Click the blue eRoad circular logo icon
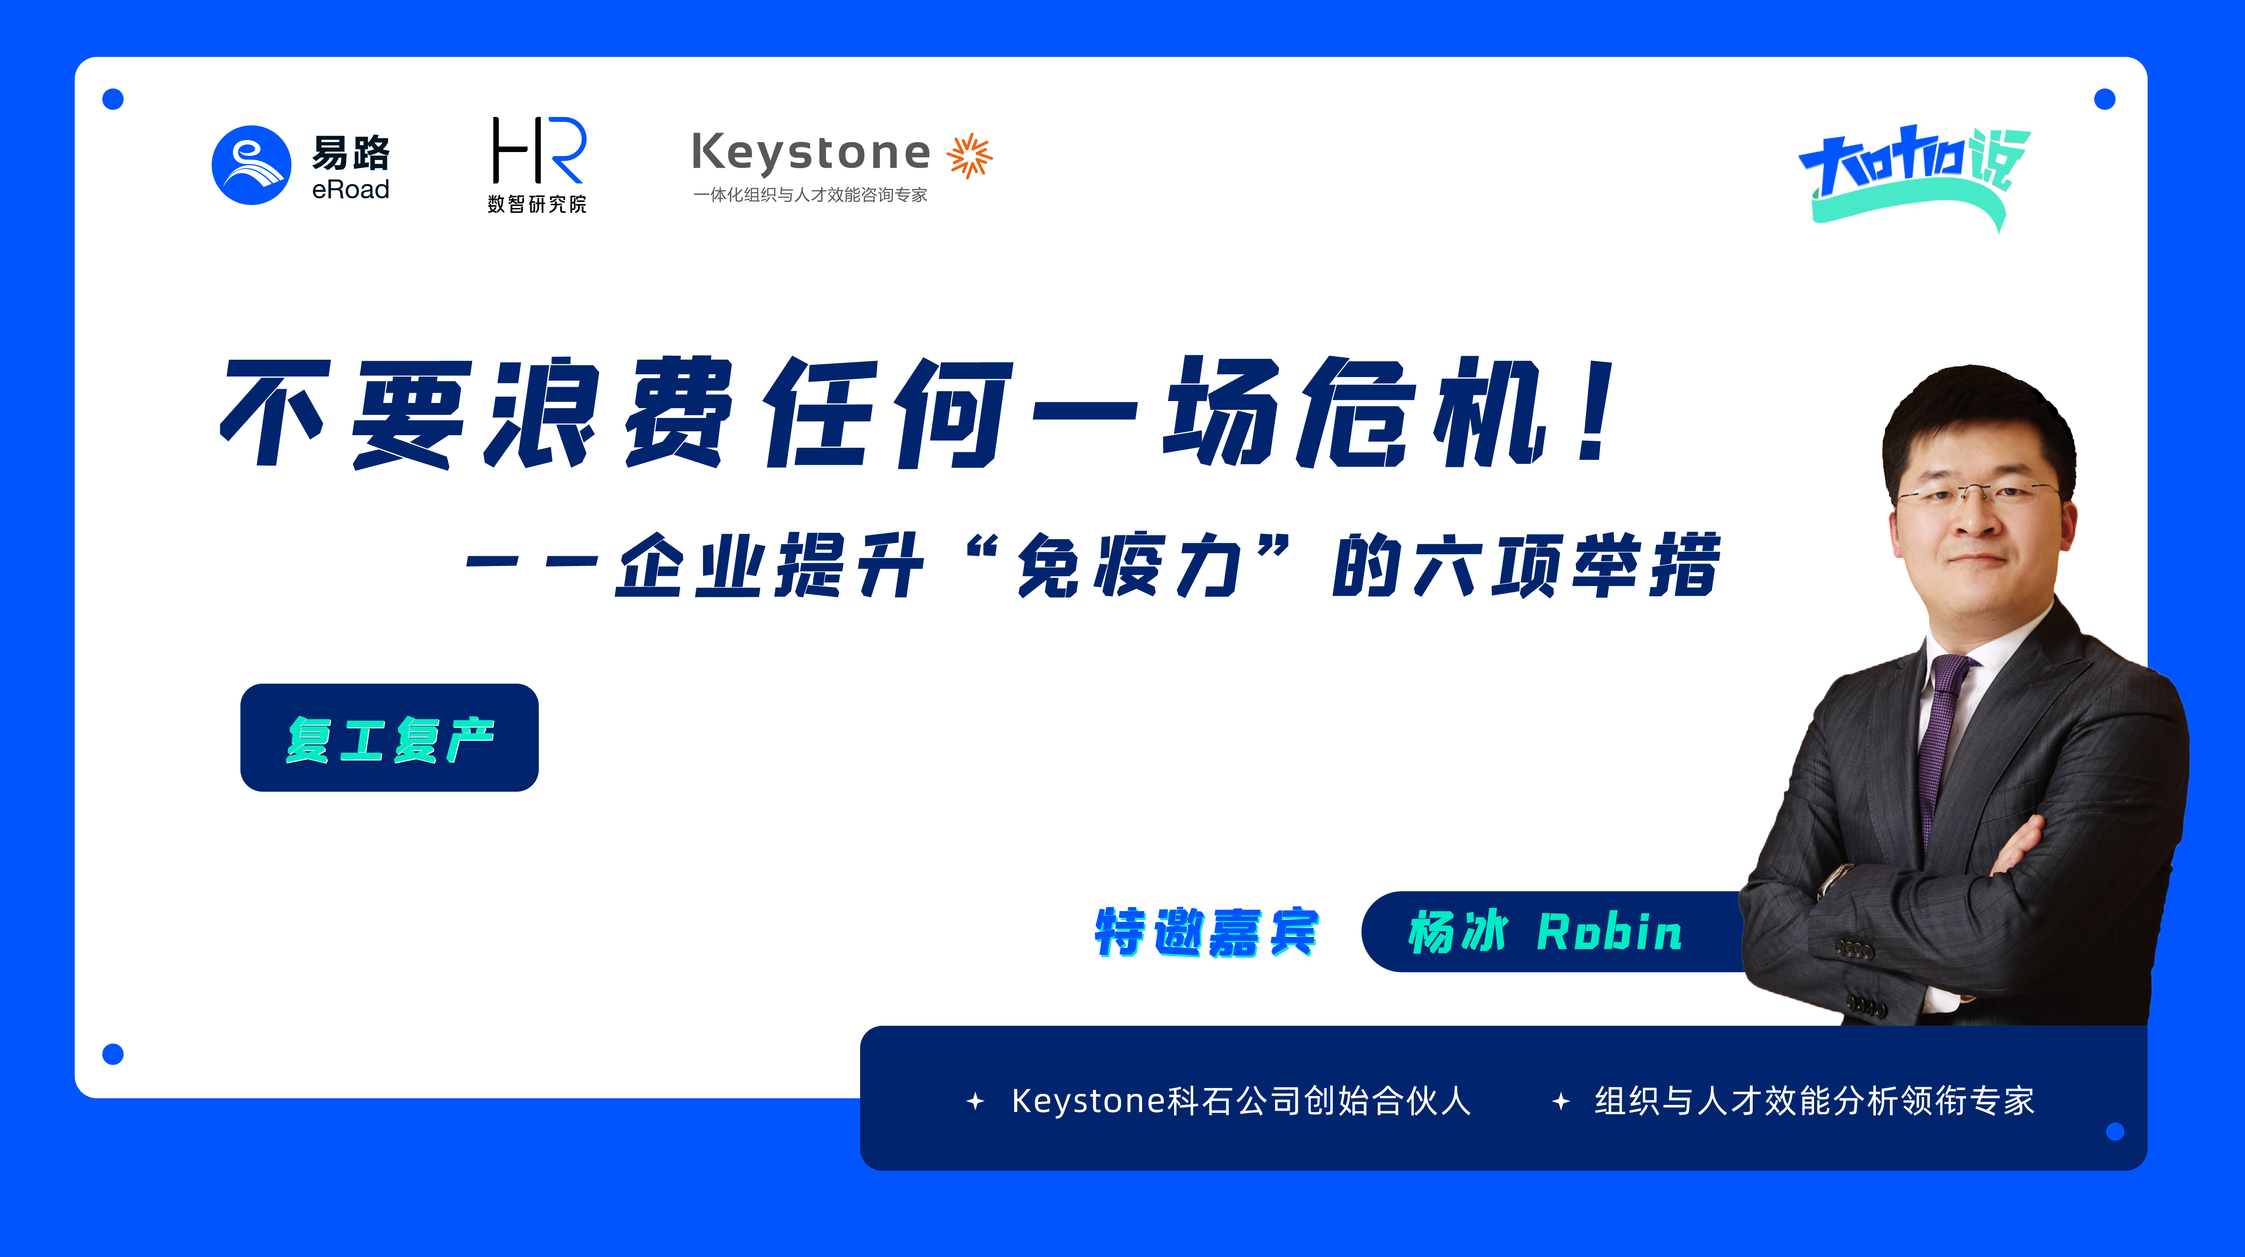251,165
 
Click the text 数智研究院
537,205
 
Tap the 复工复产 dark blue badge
390,738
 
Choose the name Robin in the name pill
1609,932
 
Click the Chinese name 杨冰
1457,932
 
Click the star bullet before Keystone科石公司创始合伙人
975,1102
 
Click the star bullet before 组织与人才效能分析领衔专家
1561,1102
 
